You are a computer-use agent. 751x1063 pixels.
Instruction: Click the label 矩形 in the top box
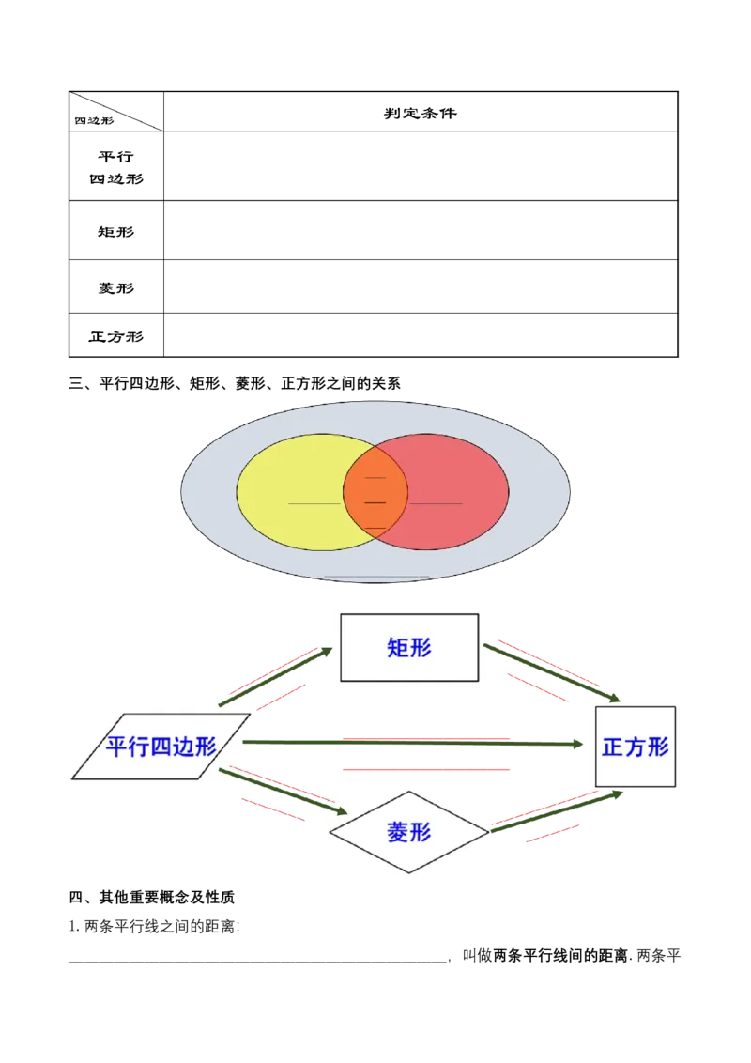click(x=409, y=647)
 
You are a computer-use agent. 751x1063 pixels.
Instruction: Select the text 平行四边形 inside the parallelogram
click(x=161, y=747)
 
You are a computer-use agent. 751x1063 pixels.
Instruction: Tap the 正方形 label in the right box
click(x=636, y=747)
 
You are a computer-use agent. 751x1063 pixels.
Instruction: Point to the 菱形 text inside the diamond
click(x=409, y=832)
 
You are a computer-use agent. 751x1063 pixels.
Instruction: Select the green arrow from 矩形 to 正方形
click(x=554, y=670)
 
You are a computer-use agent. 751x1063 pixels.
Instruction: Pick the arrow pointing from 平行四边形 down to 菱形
click(x=282, y=790)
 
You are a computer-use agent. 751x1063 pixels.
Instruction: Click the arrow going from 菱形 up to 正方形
click(x=556, y=810)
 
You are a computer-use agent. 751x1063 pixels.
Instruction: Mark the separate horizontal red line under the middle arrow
click(x=424, y=770)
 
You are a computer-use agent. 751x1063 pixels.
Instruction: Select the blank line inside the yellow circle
click(x=314, y=504)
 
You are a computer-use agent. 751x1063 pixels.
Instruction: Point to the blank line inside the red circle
click(x=437, y=504)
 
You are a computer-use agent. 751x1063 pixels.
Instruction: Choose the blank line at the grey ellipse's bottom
click(x=375, y=577)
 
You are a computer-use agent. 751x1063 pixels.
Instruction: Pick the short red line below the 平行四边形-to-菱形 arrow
click(x=273, y=810)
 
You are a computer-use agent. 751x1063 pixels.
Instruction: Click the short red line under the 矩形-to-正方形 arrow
click(x=538, y=687)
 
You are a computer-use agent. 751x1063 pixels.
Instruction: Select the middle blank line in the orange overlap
click(x=375, y=503)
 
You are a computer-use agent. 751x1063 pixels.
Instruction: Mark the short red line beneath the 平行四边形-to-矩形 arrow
click(x=281, y=698)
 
